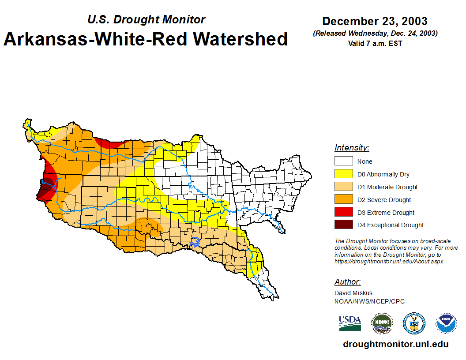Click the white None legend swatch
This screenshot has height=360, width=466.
(x=343, y=161)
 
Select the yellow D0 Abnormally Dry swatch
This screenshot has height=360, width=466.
(x=343, y=174)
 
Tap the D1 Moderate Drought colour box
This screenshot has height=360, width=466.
(x=343, y=187)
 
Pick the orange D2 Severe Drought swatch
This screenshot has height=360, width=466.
(x=343, y=200)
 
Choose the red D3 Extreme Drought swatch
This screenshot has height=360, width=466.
(x=343, y=213)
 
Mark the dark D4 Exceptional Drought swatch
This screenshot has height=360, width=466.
(x=343, y=225)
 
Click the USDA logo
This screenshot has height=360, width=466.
(x=350, y=323)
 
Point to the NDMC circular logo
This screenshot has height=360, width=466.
(x=382, y=324)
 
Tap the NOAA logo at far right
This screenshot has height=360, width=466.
(x=446, y=324)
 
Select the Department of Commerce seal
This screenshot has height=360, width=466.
(x=414, y=324)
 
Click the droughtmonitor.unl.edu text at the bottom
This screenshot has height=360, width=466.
(x=395, y=345)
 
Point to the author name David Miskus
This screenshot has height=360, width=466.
(x=353, y=293)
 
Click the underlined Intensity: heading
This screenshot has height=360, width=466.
(x=352, y=148)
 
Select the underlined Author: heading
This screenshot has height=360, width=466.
(x=348, y=282)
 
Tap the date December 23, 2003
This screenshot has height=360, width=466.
(x=375, y=21)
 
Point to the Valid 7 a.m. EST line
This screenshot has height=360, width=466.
(x=375, y=43)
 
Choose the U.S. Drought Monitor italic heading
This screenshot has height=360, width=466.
(x=146, y=20)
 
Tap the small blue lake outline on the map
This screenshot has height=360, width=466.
(x=195, y=241)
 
